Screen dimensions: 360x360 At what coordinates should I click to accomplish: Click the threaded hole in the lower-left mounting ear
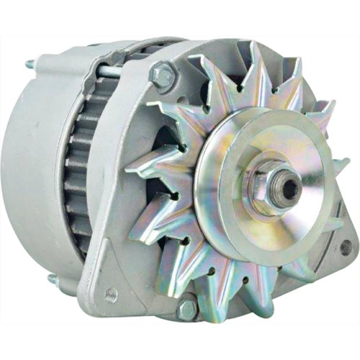110,294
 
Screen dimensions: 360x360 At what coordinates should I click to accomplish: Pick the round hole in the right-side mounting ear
346,248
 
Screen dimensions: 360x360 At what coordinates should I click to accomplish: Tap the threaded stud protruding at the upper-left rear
31,64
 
